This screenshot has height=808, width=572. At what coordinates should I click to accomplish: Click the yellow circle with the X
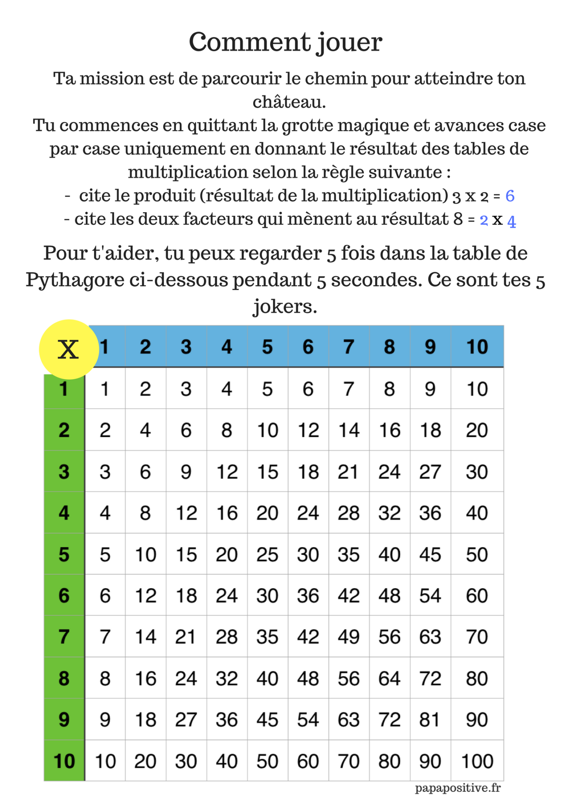point(69,349)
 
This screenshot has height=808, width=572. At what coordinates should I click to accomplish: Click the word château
point(289,102)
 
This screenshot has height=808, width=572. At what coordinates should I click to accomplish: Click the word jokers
point(285,306)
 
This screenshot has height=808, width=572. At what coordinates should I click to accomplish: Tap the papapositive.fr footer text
point(457,788)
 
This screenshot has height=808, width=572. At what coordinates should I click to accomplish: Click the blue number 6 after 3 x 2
point(510,196)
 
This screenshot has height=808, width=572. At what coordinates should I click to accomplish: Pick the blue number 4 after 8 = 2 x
point(511,221)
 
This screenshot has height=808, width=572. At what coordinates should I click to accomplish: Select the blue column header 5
point(267,347)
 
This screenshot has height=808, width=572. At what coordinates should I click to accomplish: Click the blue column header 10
point(477,347)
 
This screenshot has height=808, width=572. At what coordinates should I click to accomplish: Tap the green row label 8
point(64,679)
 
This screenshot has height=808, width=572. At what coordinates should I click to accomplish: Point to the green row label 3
point(64,472)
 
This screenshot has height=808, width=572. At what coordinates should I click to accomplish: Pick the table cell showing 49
point(348,637)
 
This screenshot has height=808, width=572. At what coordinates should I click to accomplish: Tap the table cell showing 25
point(267,555)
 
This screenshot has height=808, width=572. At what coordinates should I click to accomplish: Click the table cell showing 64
point(389,679)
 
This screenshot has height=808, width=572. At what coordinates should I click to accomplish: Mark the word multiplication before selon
point(187,172)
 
